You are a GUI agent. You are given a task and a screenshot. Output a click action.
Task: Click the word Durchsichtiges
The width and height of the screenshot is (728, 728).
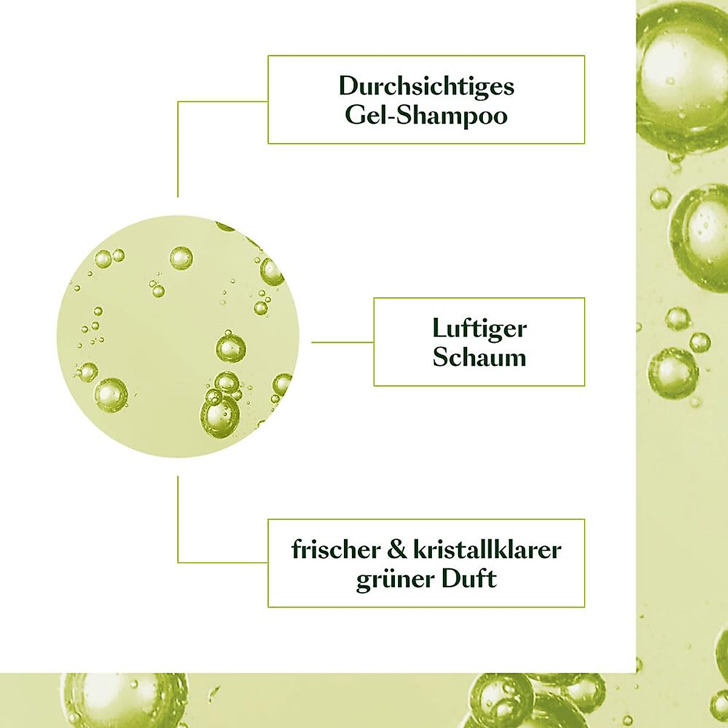click(x=426, y=86)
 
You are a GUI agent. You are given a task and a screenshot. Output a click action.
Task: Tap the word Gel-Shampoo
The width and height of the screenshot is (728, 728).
click(x=426, y=115)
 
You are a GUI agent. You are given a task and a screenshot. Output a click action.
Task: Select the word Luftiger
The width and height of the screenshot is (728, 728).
click(x=479, y=329)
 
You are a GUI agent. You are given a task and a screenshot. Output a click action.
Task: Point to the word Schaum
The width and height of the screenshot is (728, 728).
click(x=479, y=357)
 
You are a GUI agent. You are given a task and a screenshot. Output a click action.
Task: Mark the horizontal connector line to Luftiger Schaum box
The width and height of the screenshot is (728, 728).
click(x=343, y=342)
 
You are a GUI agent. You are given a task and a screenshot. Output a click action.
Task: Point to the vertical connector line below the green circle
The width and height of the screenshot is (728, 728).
click(x=178, y=516)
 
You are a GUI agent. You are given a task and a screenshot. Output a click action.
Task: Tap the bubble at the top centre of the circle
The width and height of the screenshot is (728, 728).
click(x=181, y=258)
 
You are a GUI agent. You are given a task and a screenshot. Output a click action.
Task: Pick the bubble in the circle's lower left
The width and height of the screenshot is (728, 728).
click(x=111, y=394)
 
